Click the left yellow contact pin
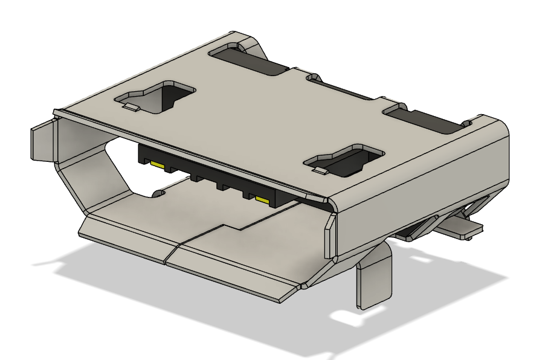158,164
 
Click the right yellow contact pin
262,198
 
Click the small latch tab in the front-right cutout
321,172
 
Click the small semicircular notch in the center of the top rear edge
314,77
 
